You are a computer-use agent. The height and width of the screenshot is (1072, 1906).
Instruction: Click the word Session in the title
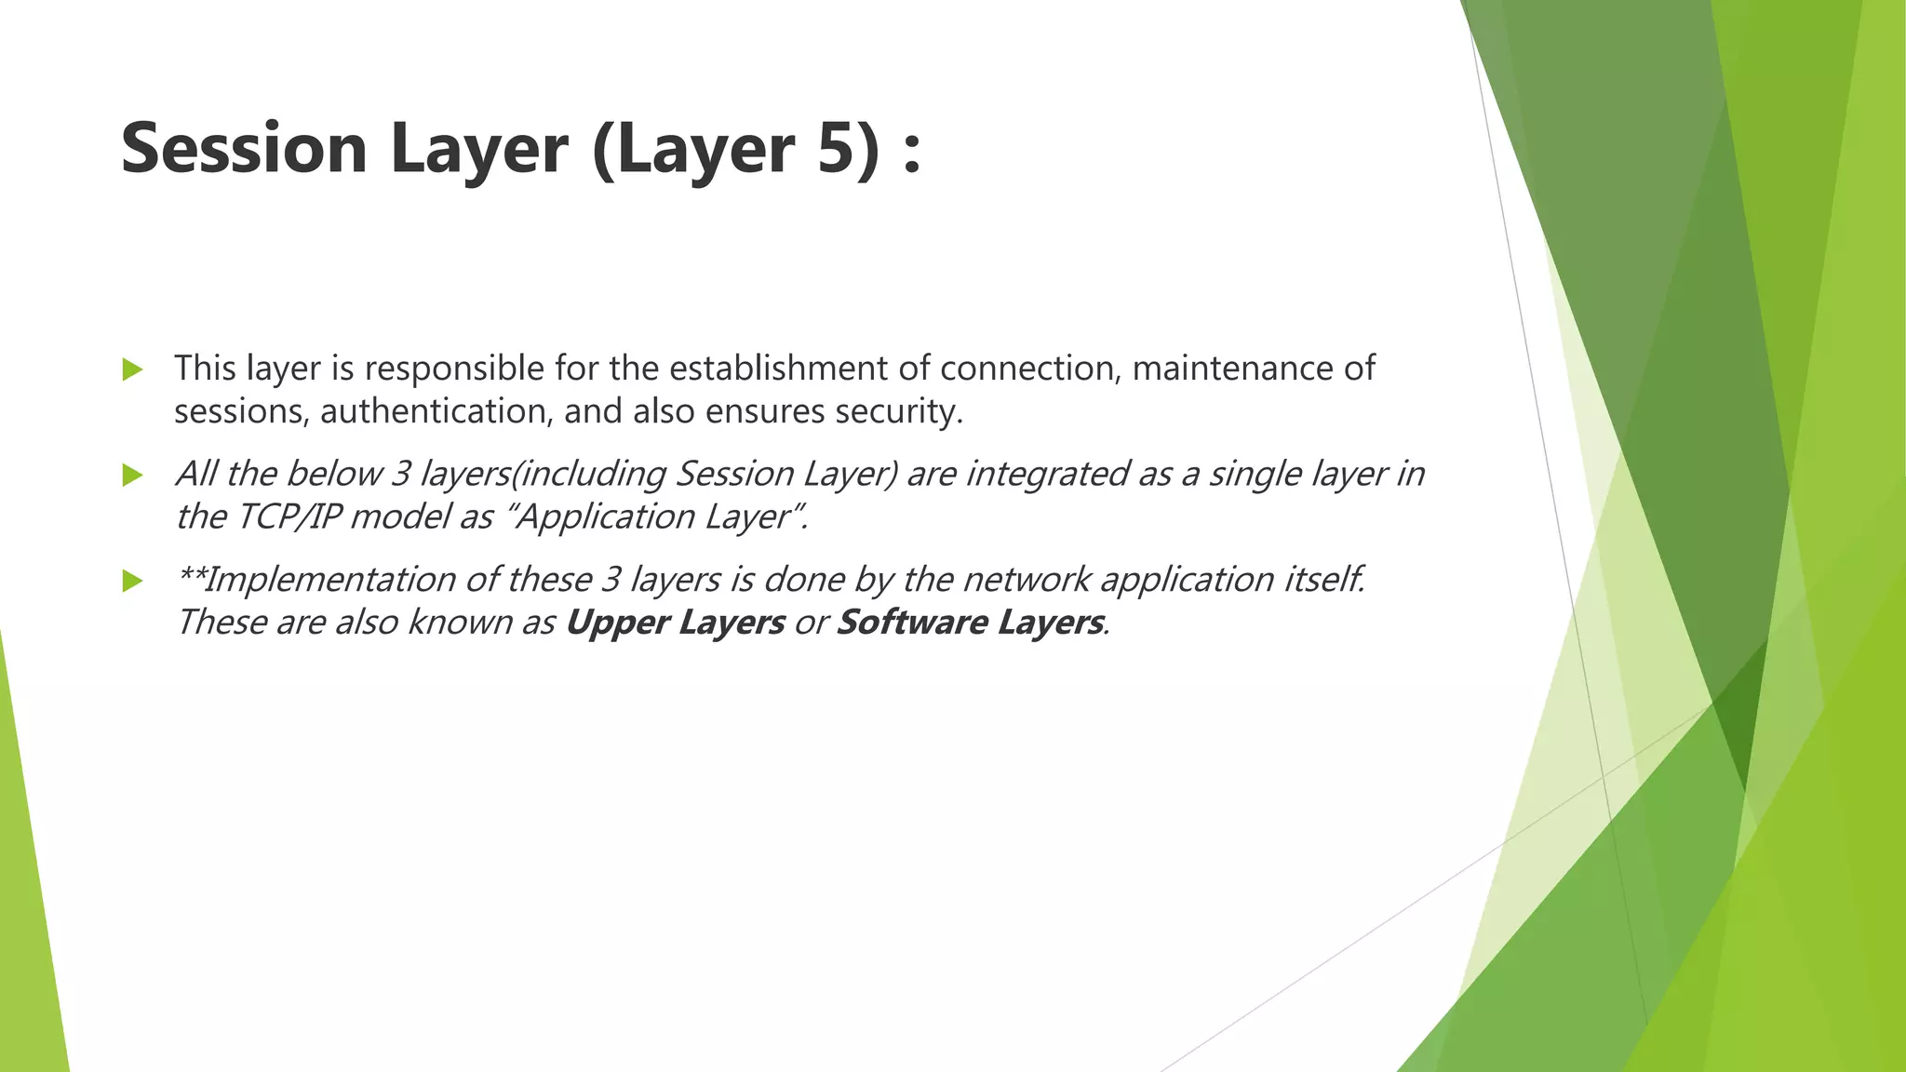click(x=244, y=149)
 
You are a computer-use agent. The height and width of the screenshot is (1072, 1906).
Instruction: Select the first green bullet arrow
click(x=133, y=370)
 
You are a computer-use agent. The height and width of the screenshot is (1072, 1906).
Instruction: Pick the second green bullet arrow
click(x=133, y=476)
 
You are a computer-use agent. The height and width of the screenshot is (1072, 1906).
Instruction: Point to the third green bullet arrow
click(x=133, y=582)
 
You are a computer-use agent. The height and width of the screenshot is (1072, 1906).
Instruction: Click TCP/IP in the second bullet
click(x=288, y=516)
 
